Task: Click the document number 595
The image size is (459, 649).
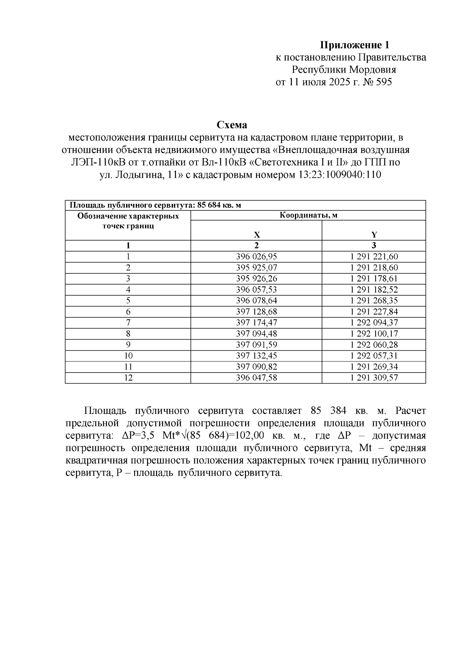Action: click(x=384, y=82)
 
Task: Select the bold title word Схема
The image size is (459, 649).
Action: click(x=232, y=125)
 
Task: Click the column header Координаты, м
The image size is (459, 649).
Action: click(x=308, y=215)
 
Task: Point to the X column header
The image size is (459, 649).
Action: click(x=257, y=235)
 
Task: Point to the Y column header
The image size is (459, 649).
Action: click(x=374, y=235)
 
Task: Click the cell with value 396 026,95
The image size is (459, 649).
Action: click(x=257, y=257)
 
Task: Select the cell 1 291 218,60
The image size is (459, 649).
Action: click(x=374, y=268)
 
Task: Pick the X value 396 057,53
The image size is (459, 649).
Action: click(x=257, y=290)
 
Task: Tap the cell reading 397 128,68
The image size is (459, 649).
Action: click(x=257, y=312)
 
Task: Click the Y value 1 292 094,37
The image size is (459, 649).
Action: click(x=374, y=322)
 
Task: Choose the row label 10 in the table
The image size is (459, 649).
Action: click(x=128, y=356)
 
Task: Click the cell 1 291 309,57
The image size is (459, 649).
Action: click(x=374, y=378)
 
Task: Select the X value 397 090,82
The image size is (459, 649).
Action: click(x=257, y=367)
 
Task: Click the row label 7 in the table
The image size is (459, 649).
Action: click(x=128, y=322)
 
